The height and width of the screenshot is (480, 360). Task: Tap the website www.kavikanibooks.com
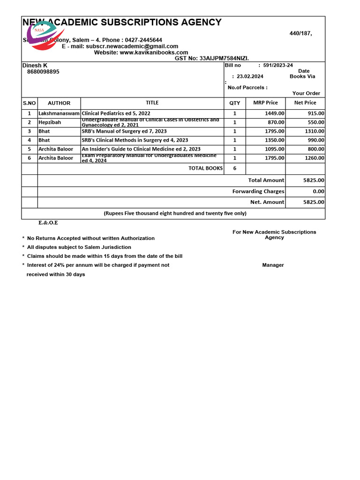154,52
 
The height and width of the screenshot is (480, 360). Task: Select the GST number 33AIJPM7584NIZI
224,59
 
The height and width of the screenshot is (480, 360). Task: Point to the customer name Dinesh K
35,66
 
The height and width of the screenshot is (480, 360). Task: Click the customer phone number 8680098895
43,72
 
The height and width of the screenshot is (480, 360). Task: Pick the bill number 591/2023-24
278,66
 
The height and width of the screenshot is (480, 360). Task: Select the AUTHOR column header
59,103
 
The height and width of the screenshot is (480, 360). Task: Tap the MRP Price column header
265,103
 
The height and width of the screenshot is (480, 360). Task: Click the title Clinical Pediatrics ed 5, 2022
116,113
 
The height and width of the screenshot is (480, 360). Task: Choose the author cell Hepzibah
50,122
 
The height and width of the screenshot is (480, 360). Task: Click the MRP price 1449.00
274,113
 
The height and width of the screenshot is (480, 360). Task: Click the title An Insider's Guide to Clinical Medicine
141,149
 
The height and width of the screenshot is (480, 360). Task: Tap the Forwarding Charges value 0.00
318,191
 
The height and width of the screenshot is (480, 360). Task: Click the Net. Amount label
267,202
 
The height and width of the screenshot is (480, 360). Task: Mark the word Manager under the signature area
273,265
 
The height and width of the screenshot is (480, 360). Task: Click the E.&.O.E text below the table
48,223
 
